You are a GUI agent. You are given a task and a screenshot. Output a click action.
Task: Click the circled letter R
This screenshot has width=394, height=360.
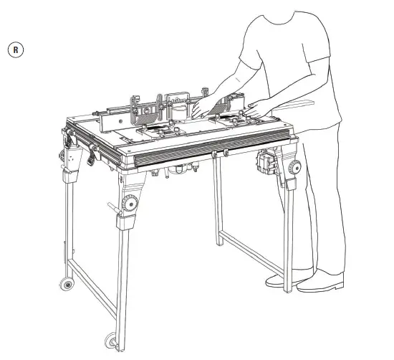point(16,49)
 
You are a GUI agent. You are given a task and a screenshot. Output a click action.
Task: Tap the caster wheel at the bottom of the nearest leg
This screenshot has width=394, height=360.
point(111,341)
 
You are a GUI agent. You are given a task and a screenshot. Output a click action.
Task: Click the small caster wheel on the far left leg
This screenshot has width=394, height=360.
point(67,284)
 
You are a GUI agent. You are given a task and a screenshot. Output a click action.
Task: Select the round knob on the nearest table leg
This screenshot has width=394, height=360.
point(130,203)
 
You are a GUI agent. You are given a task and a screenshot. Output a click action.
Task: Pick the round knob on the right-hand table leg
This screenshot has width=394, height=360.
point(294,167)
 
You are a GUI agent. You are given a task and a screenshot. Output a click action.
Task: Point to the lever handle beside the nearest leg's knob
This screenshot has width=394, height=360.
point(115,209)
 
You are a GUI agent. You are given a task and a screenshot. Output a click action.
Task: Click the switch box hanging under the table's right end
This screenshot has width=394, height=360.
point(266,162)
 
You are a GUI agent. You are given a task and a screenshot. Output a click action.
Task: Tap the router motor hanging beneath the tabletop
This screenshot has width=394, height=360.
point(179,169)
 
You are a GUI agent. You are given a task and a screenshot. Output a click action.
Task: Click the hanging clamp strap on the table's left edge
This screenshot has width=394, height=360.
point(92,154)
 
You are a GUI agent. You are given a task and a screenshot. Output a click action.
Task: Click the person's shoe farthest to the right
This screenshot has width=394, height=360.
point(320,281)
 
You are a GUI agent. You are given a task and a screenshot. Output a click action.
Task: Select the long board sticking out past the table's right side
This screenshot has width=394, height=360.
point(293,105)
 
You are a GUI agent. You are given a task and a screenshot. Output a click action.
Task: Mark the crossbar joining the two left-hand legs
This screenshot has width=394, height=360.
point(92,289)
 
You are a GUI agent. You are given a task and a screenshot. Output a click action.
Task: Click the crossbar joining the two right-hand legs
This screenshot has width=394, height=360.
point(252,253)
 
